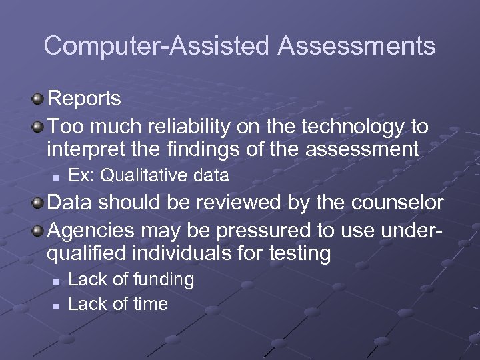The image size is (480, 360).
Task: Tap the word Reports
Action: coord(85,99)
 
